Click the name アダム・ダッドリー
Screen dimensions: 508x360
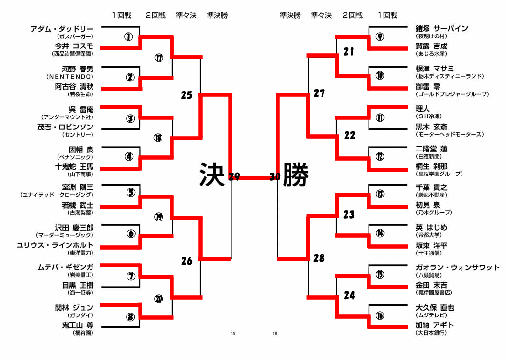(x=62, y=29)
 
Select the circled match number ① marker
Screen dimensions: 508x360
(x=128, y=36)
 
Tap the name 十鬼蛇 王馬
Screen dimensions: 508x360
(x=74, y=166)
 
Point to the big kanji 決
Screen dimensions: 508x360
(x=212, y=174)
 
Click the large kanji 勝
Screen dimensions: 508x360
(x=296, y=174)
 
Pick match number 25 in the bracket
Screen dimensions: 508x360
(x=186, y=95)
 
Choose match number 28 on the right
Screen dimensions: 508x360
(x=319, y=258)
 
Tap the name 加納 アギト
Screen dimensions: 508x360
(x=435, y=325)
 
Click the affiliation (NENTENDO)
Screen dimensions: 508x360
(x=70, y=77)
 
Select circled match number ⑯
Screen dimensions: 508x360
(x=380, y=315)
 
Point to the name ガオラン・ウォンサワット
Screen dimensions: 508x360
(x=458, y=267)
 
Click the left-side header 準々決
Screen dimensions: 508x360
(x=186, y=15)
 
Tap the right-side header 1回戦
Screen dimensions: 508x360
(x=387, y=15)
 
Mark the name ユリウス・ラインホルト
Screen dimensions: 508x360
(x=55, y=245)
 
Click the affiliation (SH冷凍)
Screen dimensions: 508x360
(x=429, y=116)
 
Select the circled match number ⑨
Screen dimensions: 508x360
(x=380, y=36)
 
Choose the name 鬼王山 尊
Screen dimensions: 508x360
(x=78, y=325)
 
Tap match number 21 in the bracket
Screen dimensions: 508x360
(x=349, y=51)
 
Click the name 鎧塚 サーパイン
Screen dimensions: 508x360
(x=442, y=28)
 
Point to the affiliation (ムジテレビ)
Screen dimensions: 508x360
(x=431, y=315)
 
